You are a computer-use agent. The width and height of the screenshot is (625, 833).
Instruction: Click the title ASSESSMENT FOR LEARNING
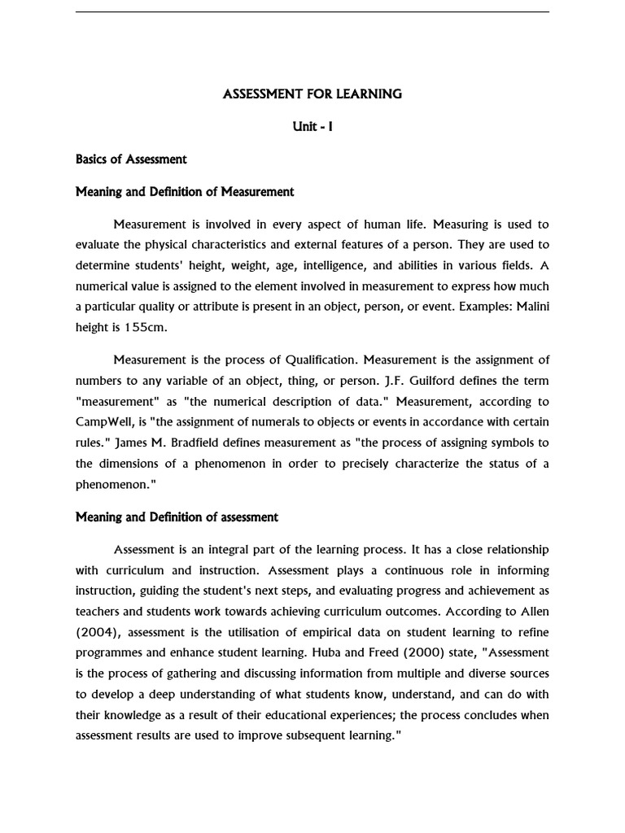click(312, 94)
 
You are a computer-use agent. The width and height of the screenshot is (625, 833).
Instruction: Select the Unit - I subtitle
click(312, 127)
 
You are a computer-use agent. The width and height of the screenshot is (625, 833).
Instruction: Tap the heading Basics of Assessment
click(131, 159)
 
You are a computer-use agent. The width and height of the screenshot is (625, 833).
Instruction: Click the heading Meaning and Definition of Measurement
click(185, 192)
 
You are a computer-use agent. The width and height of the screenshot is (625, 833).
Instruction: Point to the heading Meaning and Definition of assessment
click(177, 517)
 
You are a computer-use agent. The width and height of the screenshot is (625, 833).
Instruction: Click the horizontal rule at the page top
click(312, 12)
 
